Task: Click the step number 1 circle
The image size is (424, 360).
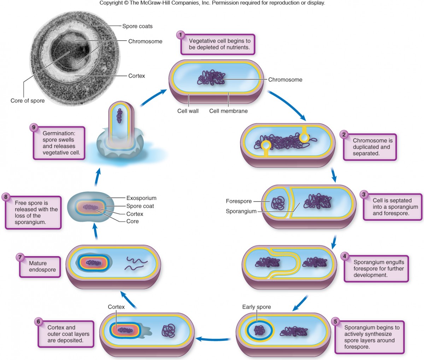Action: [181, 35]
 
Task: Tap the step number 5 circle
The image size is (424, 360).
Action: [335, 321]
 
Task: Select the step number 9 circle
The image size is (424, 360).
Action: [34, 127]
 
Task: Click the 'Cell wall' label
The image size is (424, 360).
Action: [188, 111]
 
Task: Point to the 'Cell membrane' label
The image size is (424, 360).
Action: [228, 111]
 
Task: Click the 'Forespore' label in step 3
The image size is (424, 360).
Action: [238, 201]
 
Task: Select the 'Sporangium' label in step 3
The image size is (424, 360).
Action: [241, 211]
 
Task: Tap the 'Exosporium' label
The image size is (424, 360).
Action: [141, 198]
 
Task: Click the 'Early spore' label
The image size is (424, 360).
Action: [257, 307]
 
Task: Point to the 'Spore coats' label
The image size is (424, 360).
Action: [137, 26]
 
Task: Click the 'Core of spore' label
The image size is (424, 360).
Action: [28, 101]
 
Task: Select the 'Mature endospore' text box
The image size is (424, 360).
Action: [40, 267]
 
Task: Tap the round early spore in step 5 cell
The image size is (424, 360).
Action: [259, 331]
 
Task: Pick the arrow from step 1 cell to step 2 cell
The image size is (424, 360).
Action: [287, 105]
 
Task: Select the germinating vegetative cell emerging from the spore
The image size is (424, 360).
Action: [120, 120]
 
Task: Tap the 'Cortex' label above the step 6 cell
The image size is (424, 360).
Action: [116, 307]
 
